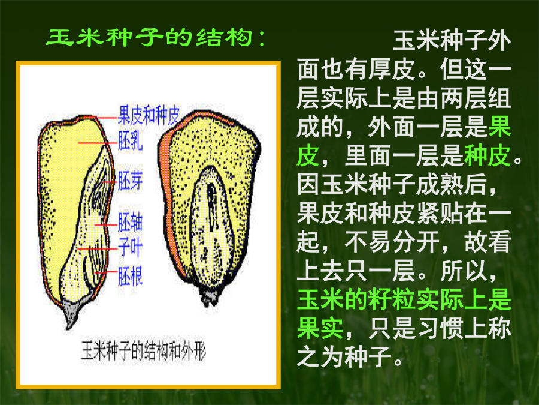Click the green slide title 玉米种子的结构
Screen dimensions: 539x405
point(150,37)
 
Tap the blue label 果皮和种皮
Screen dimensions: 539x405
point(149,115)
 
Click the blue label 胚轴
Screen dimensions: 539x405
point(131,222)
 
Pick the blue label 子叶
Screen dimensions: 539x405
point(131,248)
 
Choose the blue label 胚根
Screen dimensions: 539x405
point(131,276)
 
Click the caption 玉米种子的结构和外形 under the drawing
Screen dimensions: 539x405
point(143,351)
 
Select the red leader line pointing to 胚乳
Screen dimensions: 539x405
point(98,142)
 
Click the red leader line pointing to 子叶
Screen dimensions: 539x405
point(98,248)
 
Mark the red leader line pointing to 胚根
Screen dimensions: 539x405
point(106,272)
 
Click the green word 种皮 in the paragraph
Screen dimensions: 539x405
point(487,156)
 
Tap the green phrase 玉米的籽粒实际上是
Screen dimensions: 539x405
point(404,299)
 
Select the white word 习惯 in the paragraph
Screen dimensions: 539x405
point(440,329)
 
